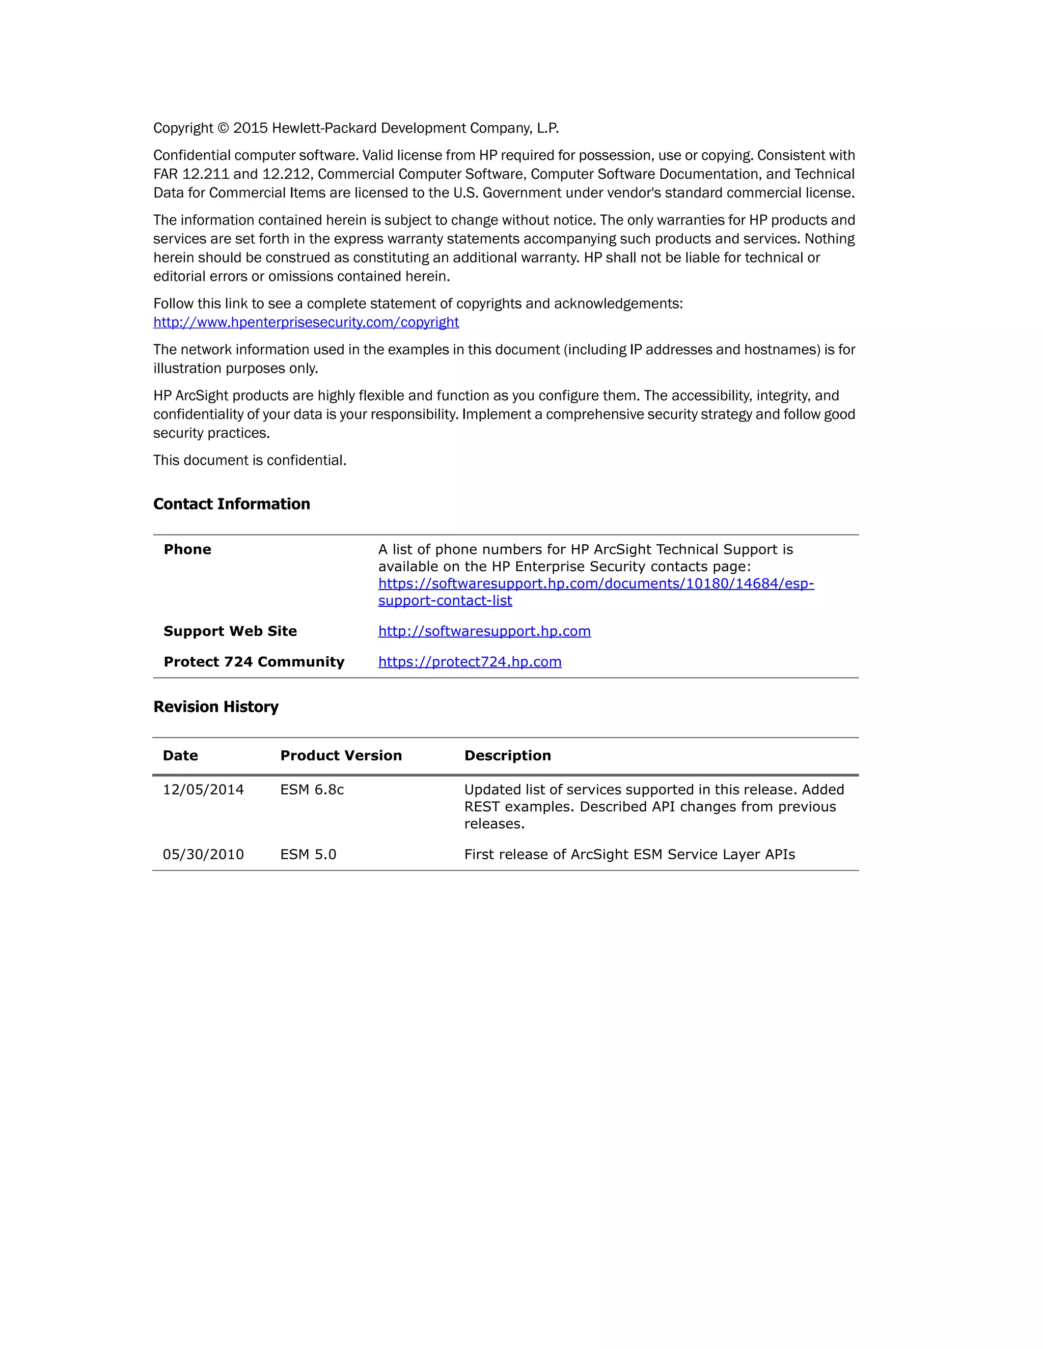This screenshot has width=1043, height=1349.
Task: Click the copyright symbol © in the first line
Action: (223, 128)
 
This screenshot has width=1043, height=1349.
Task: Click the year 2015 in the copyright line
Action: (250, 128)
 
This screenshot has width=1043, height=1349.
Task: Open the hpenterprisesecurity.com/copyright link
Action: (306, 322)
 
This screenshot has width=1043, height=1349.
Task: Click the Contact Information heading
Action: (232, 504)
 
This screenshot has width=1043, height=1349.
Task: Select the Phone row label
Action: (187, 550)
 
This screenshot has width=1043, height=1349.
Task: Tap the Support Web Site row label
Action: (230, 631)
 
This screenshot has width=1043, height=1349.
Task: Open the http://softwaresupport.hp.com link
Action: (484, 631)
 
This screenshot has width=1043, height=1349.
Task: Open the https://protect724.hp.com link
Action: (470, 662)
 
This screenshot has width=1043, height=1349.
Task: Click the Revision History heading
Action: (215, 707)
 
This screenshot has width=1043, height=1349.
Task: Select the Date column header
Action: (180, 756)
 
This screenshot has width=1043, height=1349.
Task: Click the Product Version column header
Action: (341, 756)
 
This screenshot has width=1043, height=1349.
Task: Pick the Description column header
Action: (507, 756)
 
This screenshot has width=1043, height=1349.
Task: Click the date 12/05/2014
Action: (203, 790)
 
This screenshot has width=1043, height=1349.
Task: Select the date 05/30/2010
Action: (203, 855)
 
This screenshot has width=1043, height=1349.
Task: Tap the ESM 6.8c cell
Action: (312, 790)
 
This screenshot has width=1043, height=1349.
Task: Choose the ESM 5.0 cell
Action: (308, 855)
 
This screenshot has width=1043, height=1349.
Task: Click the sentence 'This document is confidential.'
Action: (250, 461)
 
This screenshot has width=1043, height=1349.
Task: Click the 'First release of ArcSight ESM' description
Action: (629, 855)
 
